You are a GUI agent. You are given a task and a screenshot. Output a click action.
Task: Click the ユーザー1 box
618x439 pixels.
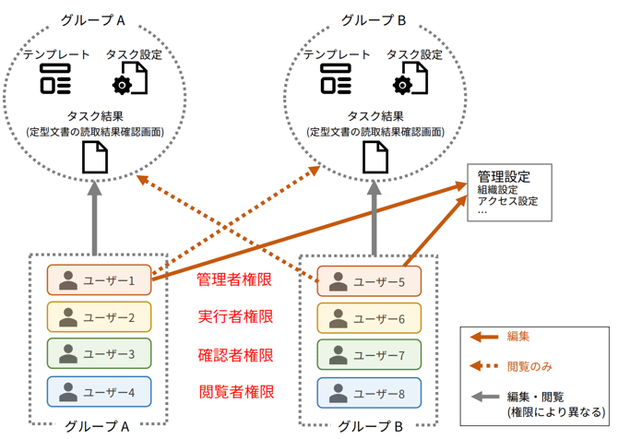tap(98, 280)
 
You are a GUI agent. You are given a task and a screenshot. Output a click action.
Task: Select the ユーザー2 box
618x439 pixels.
tap(98, 318)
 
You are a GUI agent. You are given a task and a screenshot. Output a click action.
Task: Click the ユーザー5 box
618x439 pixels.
tap(368, 281)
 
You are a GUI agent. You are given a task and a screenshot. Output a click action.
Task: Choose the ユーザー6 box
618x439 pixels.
tap(368, 318)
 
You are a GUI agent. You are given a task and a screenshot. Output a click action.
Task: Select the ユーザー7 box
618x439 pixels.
tap(368, 355)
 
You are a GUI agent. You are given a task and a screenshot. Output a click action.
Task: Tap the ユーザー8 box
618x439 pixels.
tap(368, 393)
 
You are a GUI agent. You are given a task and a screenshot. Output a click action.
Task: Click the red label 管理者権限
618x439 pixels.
tap(236, 279)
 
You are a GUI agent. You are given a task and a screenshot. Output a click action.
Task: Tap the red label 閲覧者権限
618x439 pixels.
tap(236, 392)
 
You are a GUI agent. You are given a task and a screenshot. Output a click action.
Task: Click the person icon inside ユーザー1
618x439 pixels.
tap(67, 280)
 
